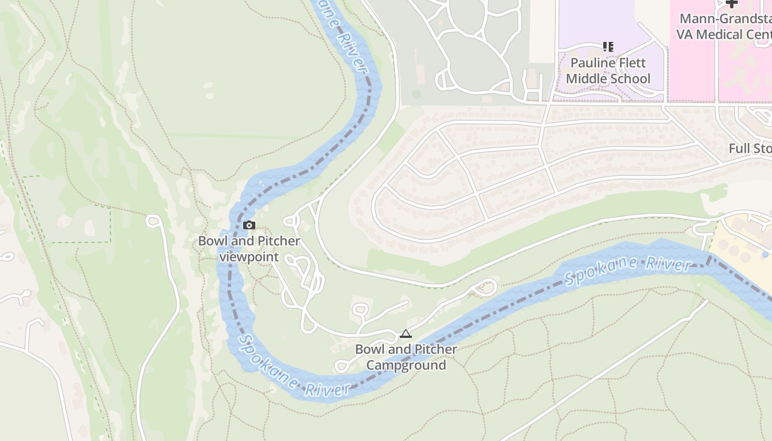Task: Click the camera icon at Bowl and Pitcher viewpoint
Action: click(x=249, y=225)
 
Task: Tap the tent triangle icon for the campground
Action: click(x=406, y=334)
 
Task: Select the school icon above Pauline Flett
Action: click(x=608, y=47)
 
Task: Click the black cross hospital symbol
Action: click(x=732, y=3)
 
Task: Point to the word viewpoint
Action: click(x=249, y=257)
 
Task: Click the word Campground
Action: click(x=406, y=365)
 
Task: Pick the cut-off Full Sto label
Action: click(x=750, y=149)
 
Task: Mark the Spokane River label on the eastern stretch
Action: click(x=628, y=270)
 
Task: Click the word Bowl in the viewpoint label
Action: click(x=211, y=241)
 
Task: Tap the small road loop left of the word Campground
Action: click(x=341, y=365)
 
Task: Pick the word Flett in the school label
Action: click(x=631, y=63)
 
